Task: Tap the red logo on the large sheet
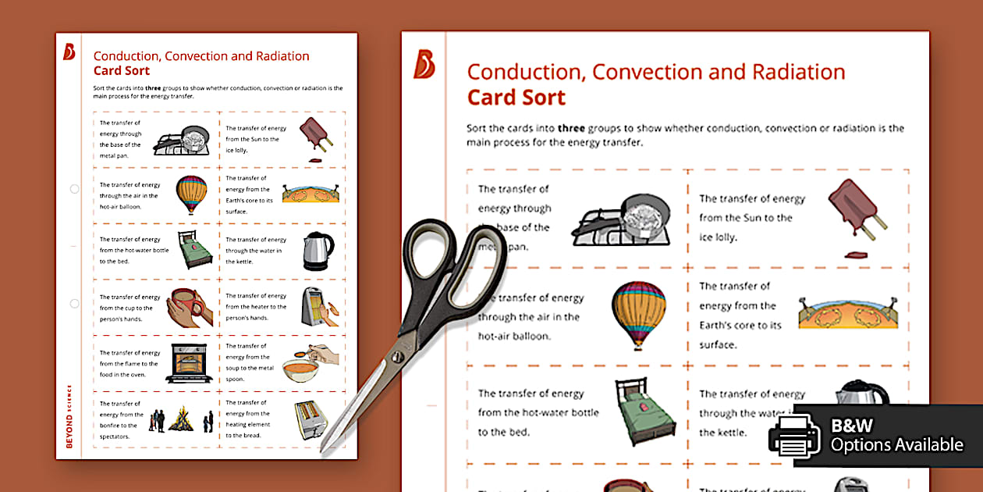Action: coord(424,64)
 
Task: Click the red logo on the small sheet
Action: coord(69,52)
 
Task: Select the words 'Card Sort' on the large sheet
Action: coord(516,98)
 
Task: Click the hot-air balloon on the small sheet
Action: coord(192,194)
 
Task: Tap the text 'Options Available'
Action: coord(896,445)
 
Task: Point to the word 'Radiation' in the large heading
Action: coord(798,73)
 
